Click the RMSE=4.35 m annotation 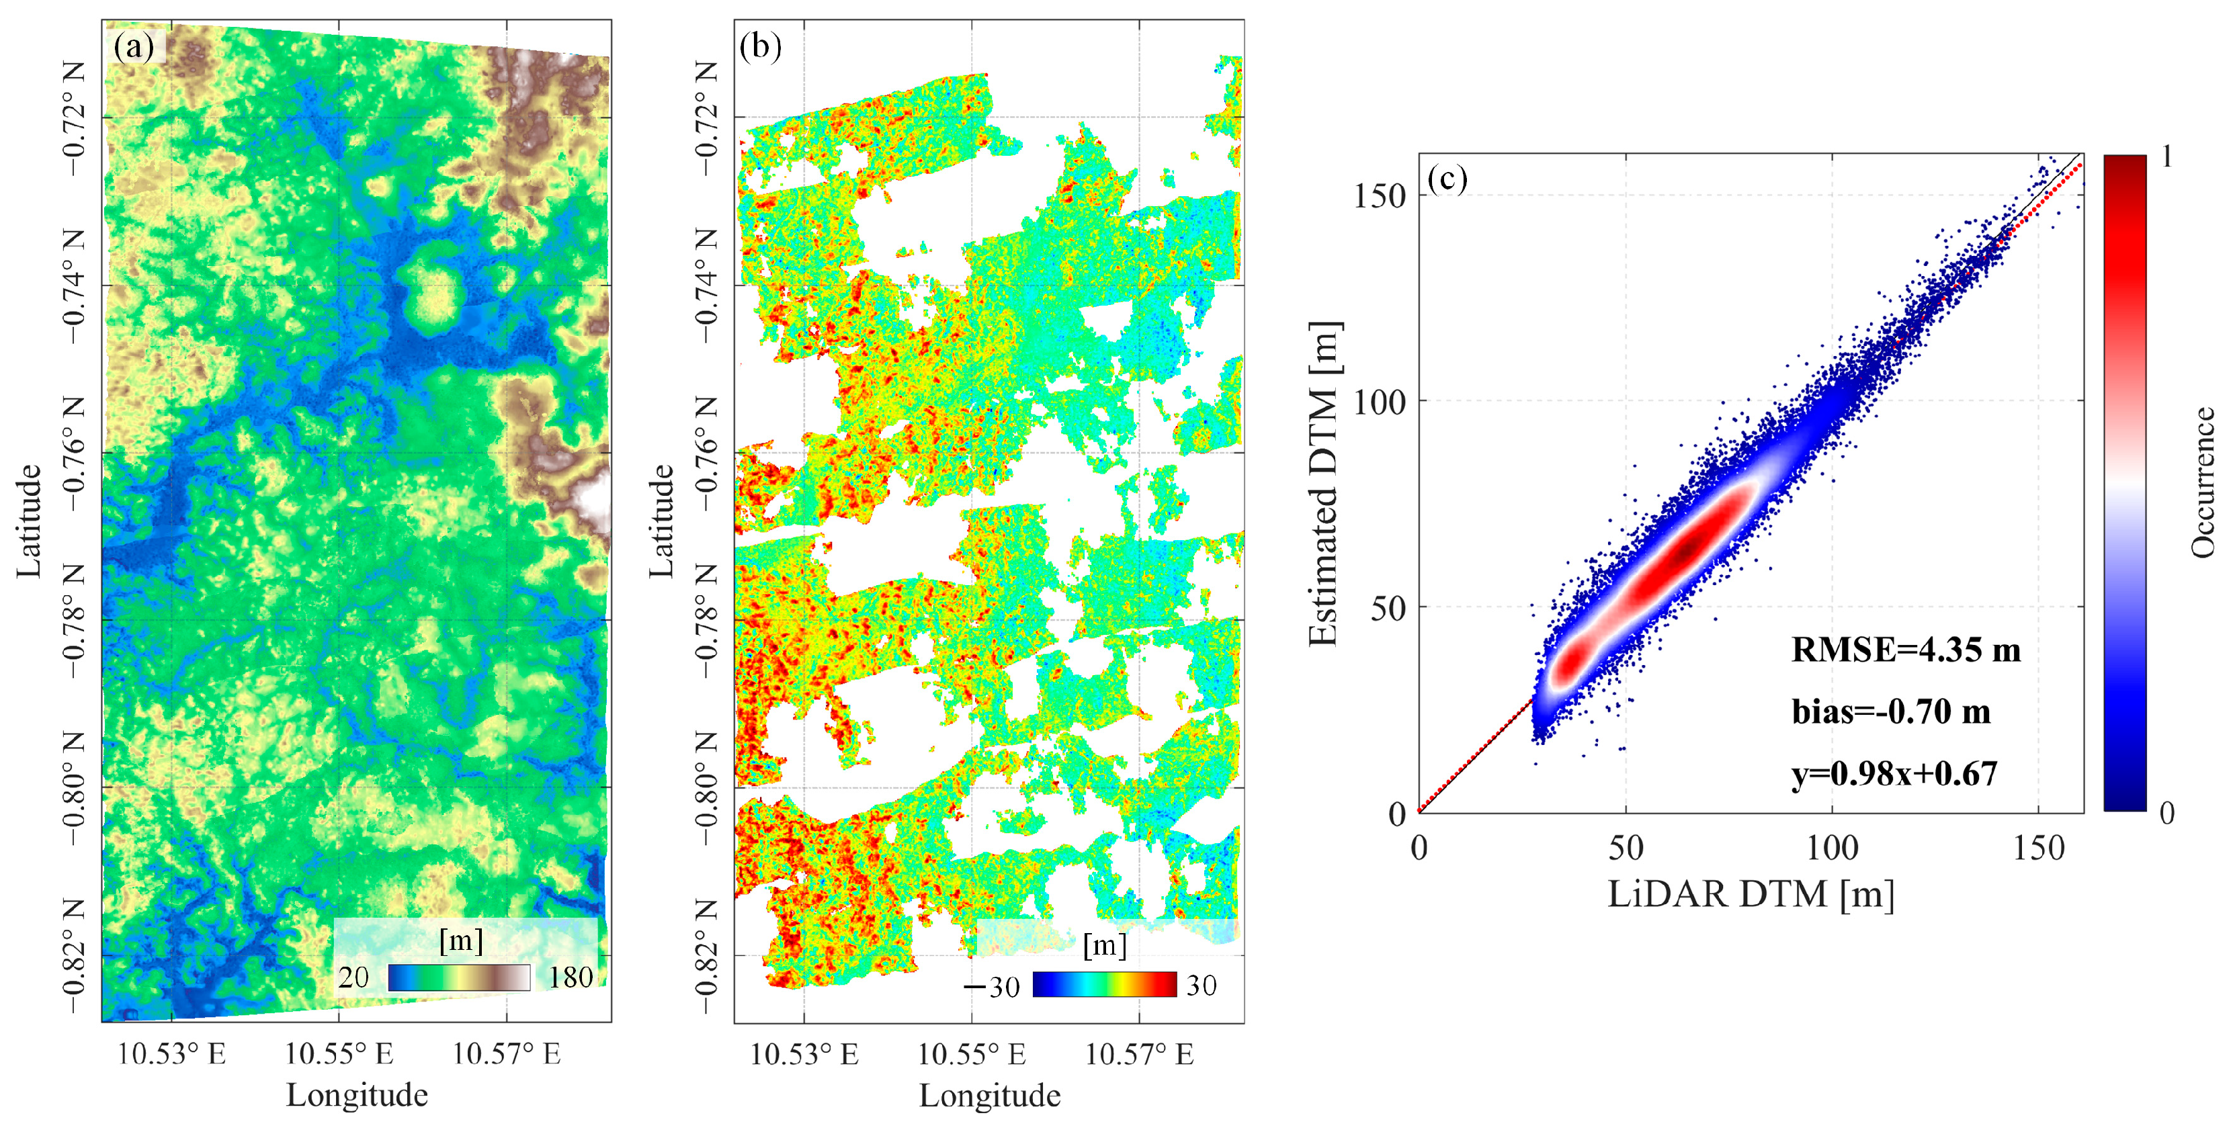[1905, 650]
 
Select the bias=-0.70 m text [1890, 712]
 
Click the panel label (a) [134, 46]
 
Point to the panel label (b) [760, 46]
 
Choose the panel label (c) [1446, 179]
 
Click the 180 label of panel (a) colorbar [570, 977]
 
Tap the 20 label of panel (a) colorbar [353, 977]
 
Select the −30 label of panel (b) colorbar [993, 987]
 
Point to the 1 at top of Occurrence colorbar [2166, 157]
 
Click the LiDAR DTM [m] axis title [1750, 894]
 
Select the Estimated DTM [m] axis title [1323, 483]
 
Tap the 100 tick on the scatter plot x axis [1832, 847]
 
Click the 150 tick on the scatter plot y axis [1379, 196]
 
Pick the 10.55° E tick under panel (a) [339, 1054]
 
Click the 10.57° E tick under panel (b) [1139, 1054]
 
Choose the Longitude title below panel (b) [989, 1096]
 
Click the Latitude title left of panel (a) [29, 521]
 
